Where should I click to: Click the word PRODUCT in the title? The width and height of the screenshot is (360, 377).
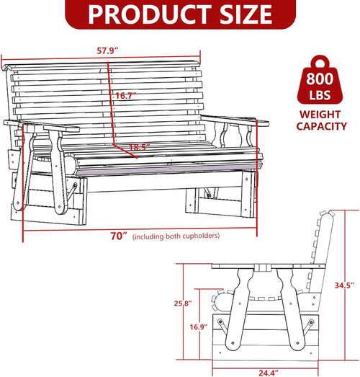150,14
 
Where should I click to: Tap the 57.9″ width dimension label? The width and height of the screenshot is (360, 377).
107,50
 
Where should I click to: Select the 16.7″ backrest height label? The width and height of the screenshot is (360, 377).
126,96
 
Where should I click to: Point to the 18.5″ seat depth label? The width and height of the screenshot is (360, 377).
139,147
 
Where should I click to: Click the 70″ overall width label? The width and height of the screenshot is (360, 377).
118,236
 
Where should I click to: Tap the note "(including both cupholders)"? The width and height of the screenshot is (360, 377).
176,236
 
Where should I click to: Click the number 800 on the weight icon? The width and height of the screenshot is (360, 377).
320,79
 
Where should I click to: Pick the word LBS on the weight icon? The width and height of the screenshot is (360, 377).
320,95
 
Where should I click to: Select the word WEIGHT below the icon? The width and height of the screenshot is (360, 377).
320,115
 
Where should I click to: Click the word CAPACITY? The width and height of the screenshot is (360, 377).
322,126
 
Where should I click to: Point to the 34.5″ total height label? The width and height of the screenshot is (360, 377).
344,285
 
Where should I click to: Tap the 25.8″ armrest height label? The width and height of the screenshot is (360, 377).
183,303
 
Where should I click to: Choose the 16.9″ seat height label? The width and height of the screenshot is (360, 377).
199,327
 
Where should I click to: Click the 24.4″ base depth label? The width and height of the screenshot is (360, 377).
269,373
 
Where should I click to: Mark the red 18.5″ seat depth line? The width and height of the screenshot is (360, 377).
125,151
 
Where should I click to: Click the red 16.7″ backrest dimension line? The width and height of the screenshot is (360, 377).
110,103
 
